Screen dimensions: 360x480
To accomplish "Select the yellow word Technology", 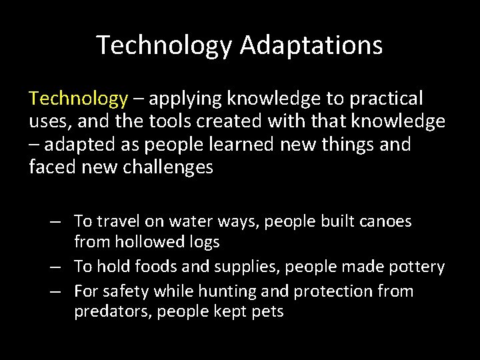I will [x=78, y=99].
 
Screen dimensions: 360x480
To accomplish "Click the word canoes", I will [x=387, y=220].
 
